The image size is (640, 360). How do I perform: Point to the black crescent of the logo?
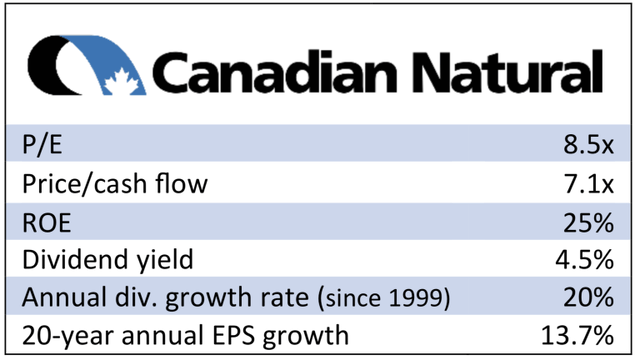tap(48, 66)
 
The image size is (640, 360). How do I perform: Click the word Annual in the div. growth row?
tap(61, 297)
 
